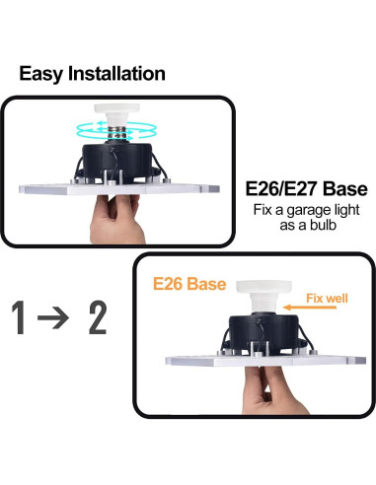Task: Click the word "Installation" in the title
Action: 118,74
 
